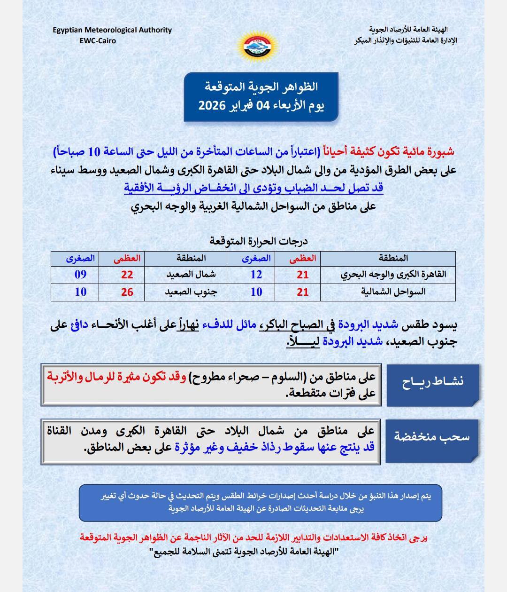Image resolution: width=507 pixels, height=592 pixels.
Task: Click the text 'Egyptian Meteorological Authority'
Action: pyautogui.click(x=112, y=30)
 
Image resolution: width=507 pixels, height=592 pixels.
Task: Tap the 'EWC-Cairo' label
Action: pyautogui.click(x=98, y=40)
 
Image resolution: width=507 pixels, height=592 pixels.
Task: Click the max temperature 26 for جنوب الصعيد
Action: pyautogui.click(x=127, y=292)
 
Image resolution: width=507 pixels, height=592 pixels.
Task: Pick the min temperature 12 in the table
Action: pyautogui.click(x=256, y=275)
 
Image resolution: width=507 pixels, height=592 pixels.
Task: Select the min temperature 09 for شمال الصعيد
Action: pyautogui.click(x=81, y=275)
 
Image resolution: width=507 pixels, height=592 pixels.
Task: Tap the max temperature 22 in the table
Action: pyautogui.click(x=127, y=275)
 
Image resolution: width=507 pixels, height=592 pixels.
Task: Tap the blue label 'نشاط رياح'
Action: pyautogui.click(x=432, y=382)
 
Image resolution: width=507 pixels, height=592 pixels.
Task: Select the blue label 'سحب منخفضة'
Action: pyautogui.click(x=432, y=437)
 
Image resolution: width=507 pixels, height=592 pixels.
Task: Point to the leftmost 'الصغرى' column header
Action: pyautogui.click(x=80, y=258)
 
